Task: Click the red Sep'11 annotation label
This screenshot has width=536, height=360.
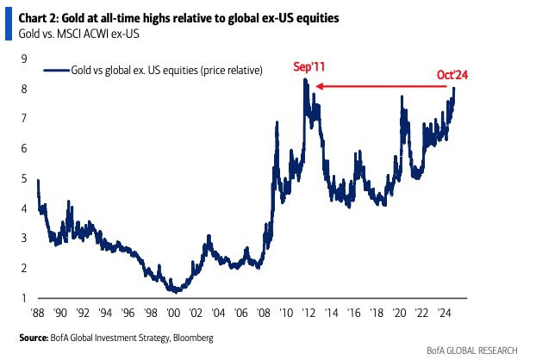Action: pyautogui.click(x=309, y=66)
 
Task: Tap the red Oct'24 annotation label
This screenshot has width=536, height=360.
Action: pyautogui.click(x=452, y=75)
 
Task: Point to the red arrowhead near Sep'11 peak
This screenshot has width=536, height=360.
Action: pyautogui.click(x=320, y=86)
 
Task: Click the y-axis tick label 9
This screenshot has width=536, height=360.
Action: pyautogui.click(x=24, y=59)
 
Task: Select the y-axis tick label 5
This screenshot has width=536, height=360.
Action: pyautogui.click(x=24, y=178)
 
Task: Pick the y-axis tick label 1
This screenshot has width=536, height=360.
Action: pyautogui.click(x=24, y=298)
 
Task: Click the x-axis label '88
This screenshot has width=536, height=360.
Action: pyautogui.click(x=38, y=313)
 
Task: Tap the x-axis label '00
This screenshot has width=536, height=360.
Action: pyautogui.click(x=173, y=313)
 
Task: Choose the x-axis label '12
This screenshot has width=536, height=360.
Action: pyautogui.click(x=309, y=313)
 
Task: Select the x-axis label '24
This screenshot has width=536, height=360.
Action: pyautogui.click(x=444, y=313)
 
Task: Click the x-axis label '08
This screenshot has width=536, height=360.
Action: pyautogui.click(x=263, y=313)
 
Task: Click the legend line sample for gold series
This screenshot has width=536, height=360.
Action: pyautogui.click(x=56, y=71)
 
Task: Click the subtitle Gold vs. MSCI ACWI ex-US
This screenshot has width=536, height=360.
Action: pyautogui.click(x=79, y=34)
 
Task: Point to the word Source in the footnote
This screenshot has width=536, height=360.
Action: pyautogui.click(x=34, y=338)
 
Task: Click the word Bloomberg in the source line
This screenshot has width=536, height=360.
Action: pyautogui.click(x=193, y=338)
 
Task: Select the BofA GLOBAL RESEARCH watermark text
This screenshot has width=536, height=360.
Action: pyautogui.click(x=472, y=351)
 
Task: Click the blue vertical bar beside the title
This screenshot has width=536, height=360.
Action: pyautogui.click(x=9, y=23)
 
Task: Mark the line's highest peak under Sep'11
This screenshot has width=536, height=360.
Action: pyautogui.click(x=305, y=79)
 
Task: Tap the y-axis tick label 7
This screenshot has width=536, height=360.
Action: pyautogui.click(x=24, y=119)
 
